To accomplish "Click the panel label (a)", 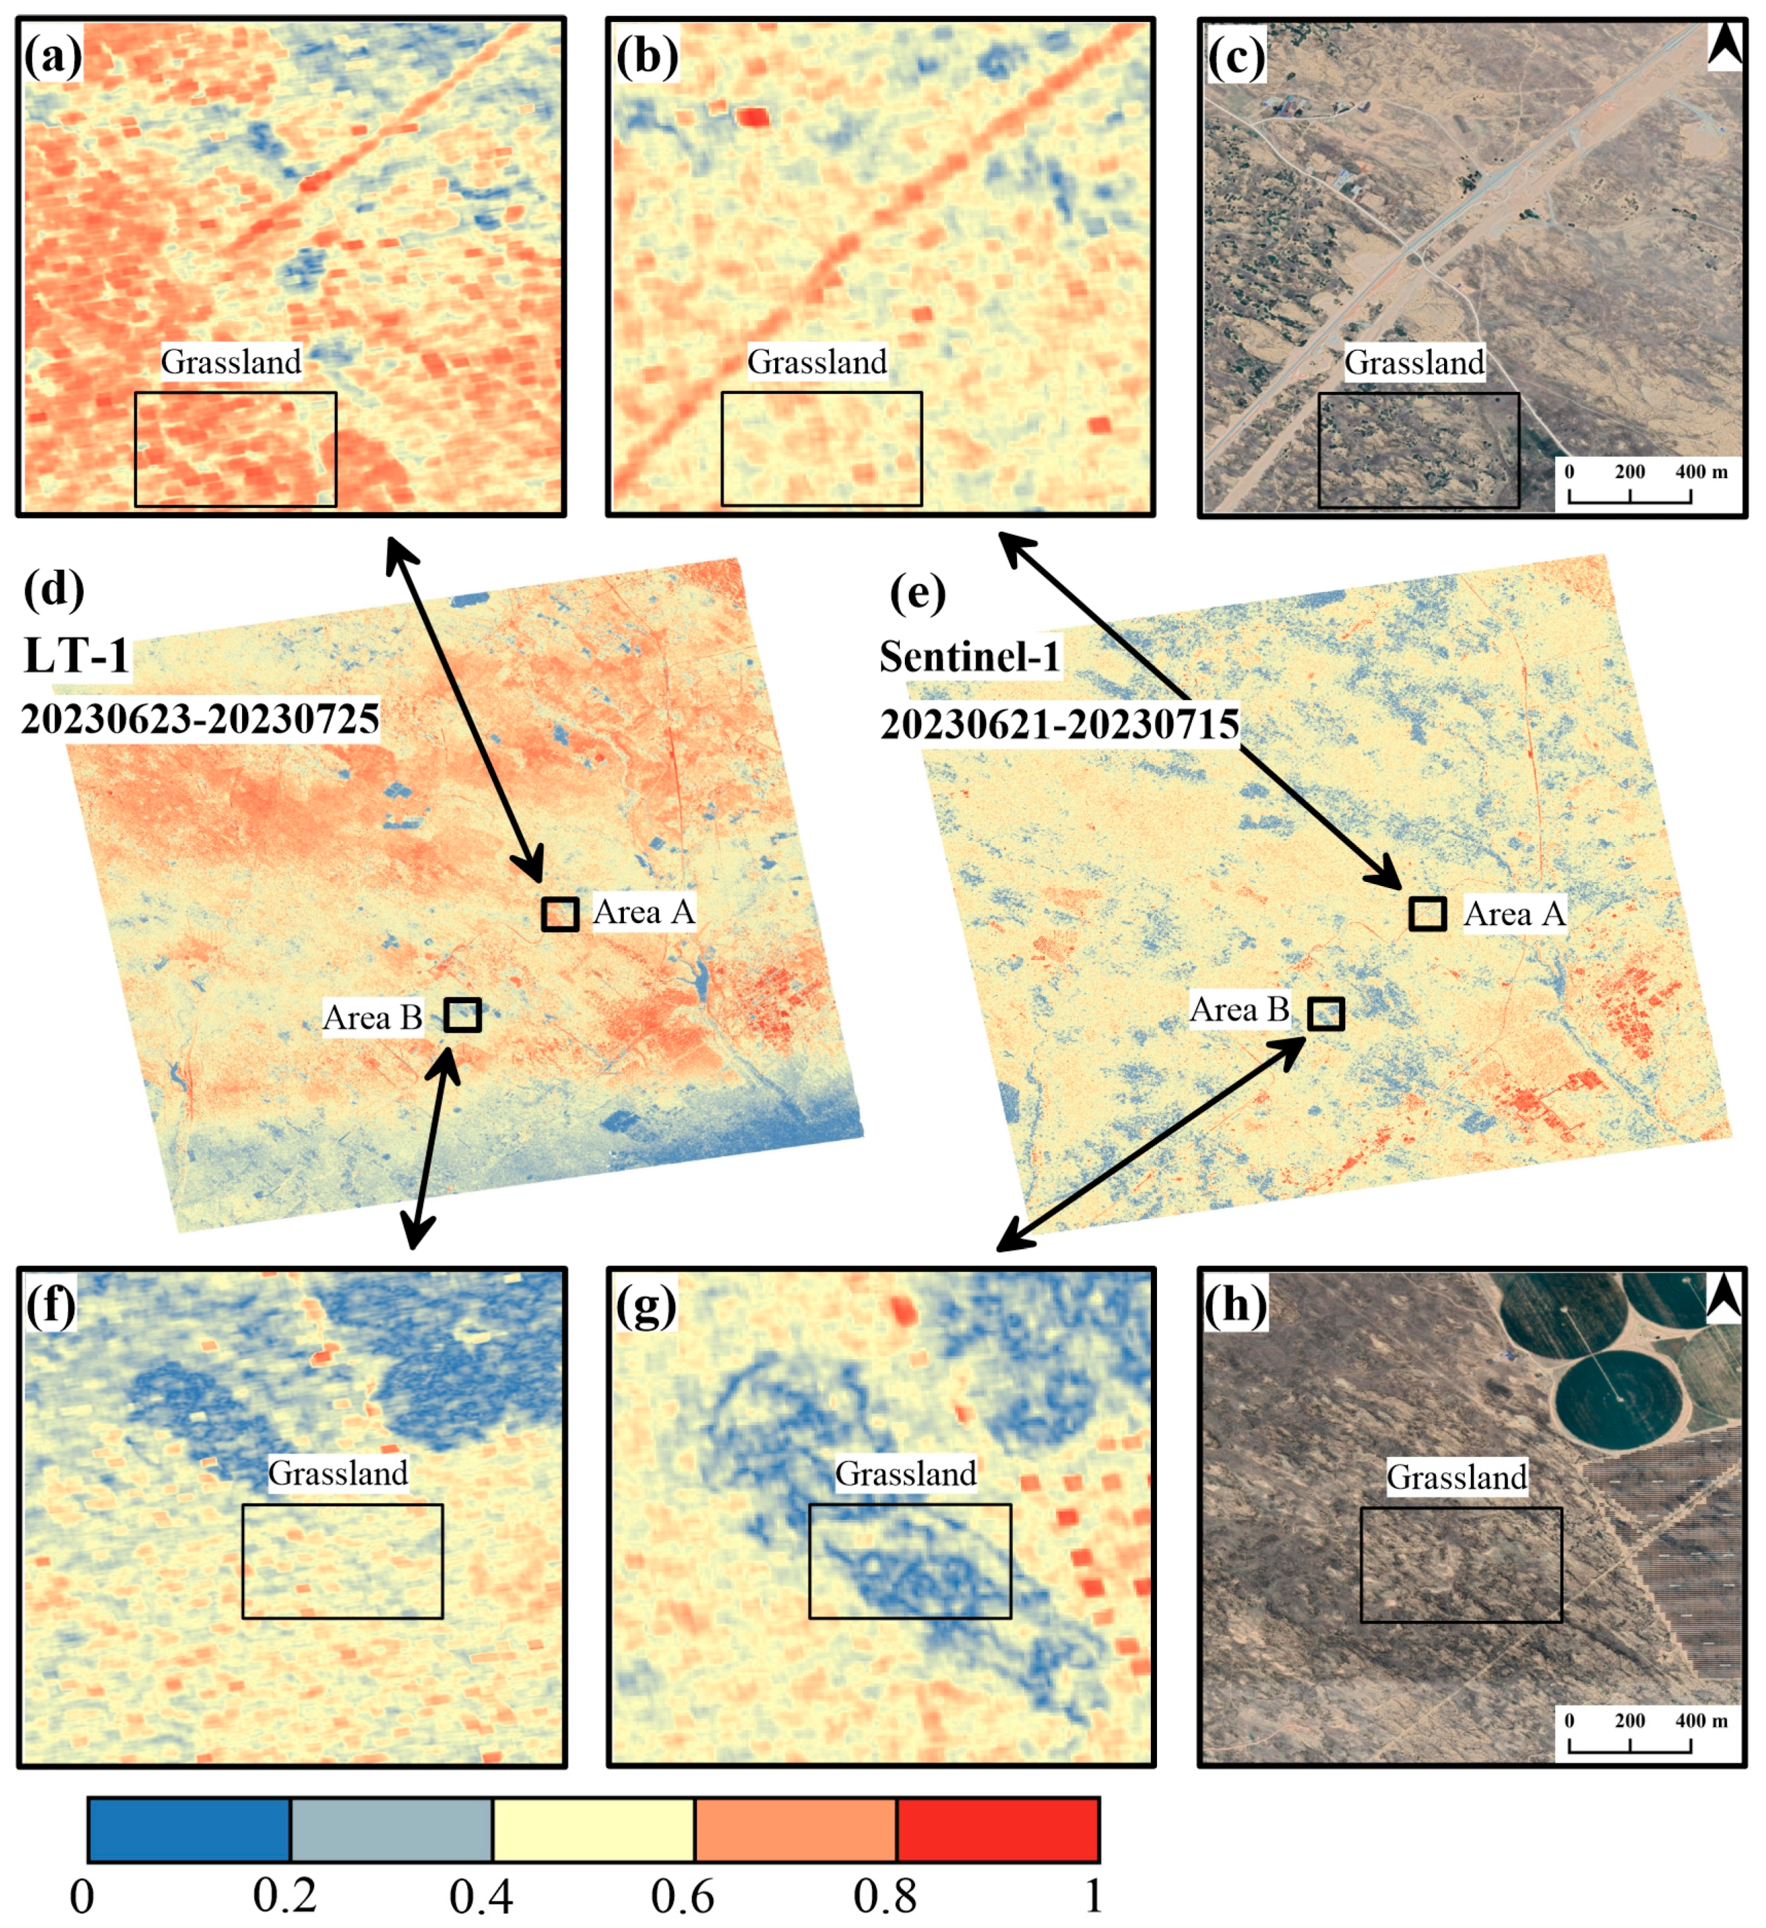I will pos(53,58).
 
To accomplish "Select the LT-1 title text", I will pos(77,656).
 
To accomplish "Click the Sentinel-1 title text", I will pos(970,657).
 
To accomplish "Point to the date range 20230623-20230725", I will pos(200,719).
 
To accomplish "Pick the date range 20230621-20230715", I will pos(1059,724).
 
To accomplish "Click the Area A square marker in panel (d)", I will pos(559,914).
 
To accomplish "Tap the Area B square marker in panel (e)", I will pos(1325,1014).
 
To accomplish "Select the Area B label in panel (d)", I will pos(372,1017).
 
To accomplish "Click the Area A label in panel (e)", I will pos(1514,914).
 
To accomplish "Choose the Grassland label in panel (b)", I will pos(817,362).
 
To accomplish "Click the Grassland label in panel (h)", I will pos(1457,1477).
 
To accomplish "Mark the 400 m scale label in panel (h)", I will pos(1701,1720).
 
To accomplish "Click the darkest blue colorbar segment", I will pos(189,1830).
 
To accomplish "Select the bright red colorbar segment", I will pos(997,1830).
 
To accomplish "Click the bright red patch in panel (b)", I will pos(753,118).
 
